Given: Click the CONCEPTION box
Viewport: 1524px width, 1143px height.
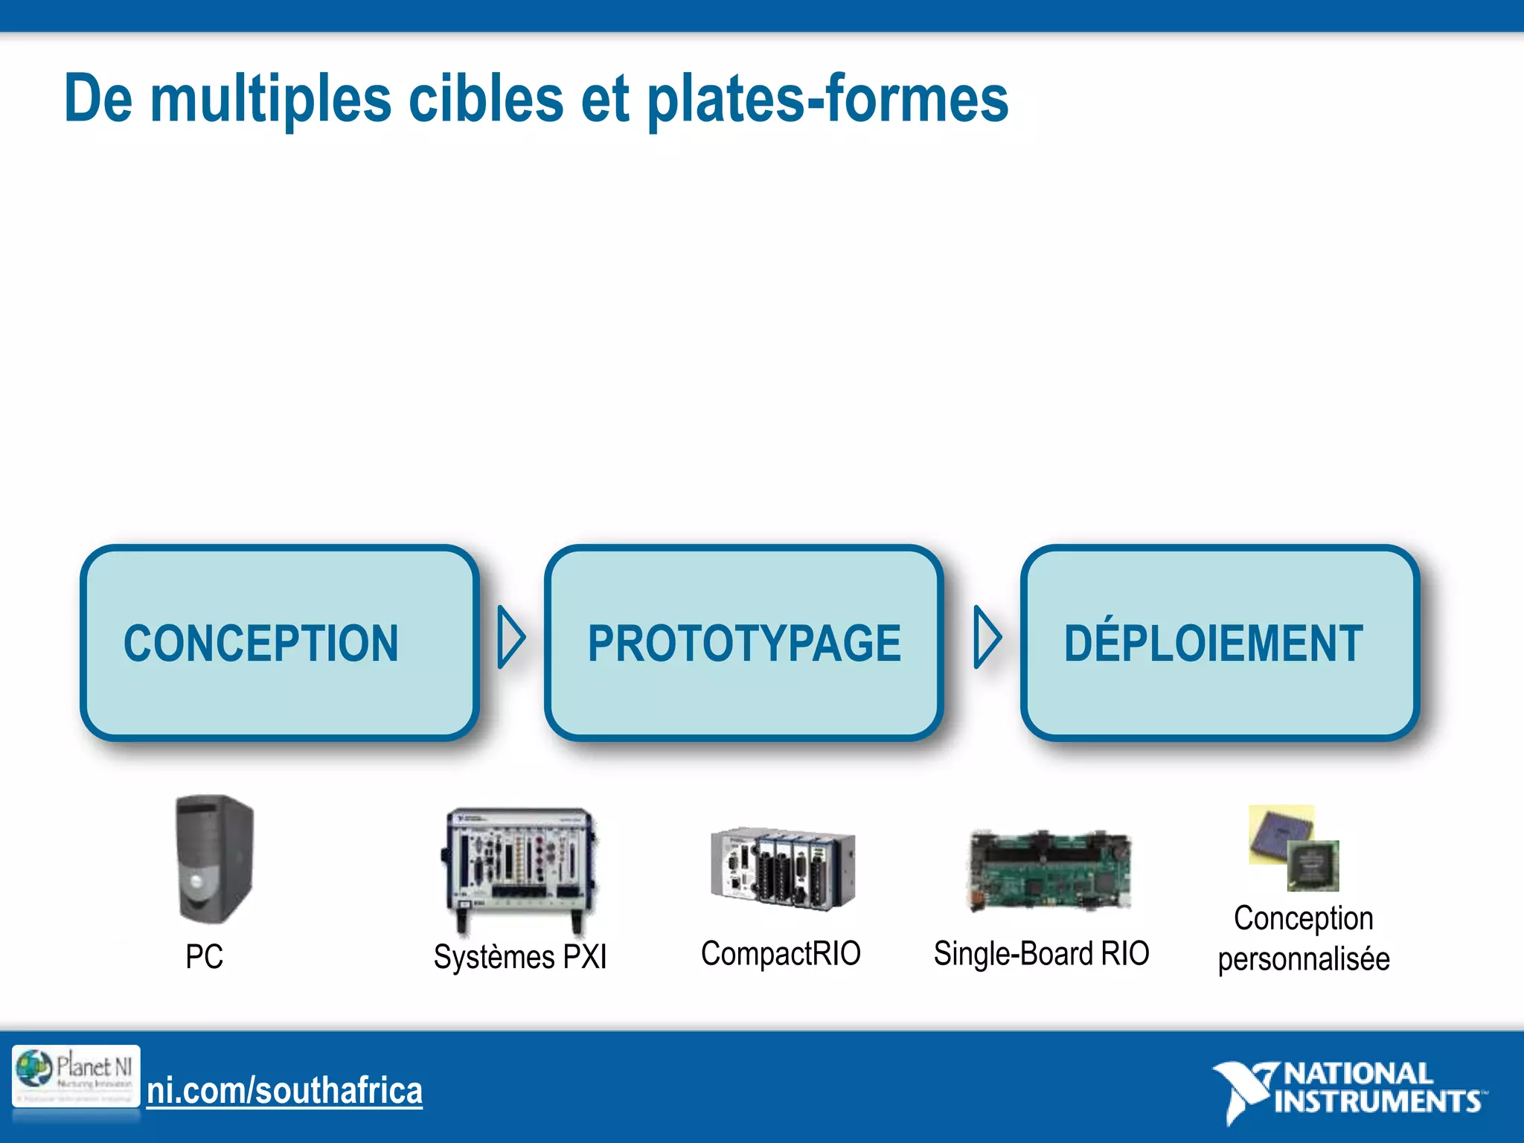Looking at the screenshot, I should [279, 642].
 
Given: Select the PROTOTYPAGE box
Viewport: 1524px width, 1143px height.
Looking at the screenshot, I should [743, 642].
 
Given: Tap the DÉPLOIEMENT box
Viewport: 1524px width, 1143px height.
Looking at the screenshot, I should [1220, 642].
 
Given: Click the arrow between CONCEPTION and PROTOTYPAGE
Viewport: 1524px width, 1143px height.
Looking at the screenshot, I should [510, 637].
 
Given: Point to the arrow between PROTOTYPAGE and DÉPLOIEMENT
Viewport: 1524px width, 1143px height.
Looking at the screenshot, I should [987, 637].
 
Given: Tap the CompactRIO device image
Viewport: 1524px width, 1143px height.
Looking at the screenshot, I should [782, 868].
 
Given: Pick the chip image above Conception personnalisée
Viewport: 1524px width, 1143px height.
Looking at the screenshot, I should [1295, 848].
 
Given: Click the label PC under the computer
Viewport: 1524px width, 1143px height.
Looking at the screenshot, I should [204, 956].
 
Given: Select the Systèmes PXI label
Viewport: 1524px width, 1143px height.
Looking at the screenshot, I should [520, 956].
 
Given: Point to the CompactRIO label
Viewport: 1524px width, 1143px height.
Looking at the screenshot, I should [781, 953].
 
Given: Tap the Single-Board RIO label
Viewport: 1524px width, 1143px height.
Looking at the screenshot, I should [1041, 953].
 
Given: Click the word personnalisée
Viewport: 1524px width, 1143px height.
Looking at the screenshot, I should [1304, 958].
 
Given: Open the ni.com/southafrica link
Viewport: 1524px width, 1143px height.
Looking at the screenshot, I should [284, 1091].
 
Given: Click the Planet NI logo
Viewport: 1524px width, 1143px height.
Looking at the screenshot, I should [76, 1076].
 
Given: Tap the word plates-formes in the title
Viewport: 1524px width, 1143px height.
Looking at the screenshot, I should [827, 99].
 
